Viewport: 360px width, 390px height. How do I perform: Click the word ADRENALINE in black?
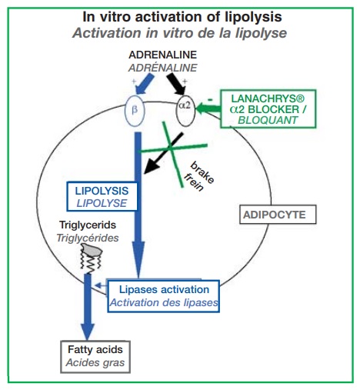(x=163, y=55)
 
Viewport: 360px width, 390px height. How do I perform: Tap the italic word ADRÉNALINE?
(x=163, y=68)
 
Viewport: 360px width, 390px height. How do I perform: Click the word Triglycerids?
(x=88, y=225)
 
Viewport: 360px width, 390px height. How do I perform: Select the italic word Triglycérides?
(x=88, y=238)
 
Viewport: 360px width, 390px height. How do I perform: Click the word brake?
(x=202, y=172)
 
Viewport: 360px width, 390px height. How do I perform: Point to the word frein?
(x=194, y=182)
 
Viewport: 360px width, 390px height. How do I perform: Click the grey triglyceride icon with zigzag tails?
(x=92, y=257)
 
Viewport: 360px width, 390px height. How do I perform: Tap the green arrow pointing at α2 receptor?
(x=208, y=108)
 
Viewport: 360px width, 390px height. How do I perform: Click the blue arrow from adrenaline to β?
(x=144, y=84)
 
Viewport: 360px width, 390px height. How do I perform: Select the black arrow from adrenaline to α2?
(x=176, y=84)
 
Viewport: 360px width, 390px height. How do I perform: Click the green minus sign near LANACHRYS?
(x=210, y=99)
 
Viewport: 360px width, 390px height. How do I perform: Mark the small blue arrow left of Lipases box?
(x=101, y=285)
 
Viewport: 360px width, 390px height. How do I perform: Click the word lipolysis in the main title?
(x=253, y=18)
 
